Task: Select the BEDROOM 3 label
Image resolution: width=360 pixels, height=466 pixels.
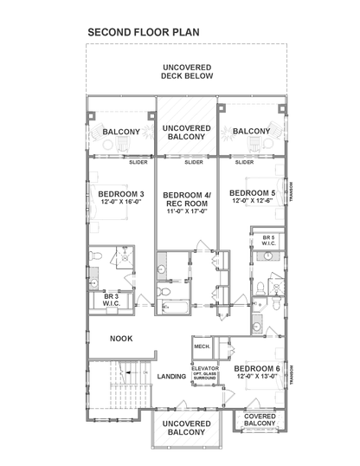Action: [x=120, y=193]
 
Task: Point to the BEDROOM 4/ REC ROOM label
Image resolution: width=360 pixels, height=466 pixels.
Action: [x=186, y=198]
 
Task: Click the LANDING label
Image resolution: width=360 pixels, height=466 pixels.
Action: [x=173, y=375]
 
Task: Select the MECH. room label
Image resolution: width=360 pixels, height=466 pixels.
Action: [x=202, y=347]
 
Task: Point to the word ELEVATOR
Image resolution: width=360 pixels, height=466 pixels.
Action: [x=205, y=367]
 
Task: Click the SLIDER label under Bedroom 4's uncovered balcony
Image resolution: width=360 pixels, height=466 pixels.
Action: [x=194, y=161]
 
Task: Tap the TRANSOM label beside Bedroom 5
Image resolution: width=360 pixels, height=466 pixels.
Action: [x=294, y=191]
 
